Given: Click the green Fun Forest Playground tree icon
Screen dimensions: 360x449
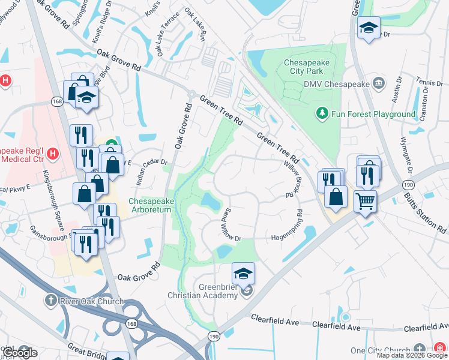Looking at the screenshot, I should pos(322,113).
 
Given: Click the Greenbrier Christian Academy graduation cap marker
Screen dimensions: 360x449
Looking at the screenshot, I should pos(243,274).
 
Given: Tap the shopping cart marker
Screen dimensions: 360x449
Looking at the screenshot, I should pos(364,202).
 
